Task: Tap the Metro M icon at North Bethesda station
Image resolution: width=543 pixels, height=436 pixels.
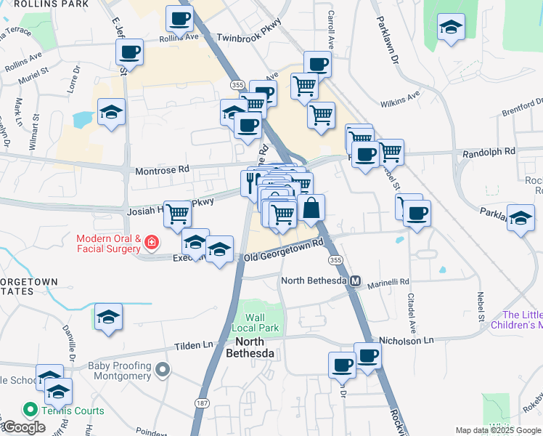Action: coord(356,280)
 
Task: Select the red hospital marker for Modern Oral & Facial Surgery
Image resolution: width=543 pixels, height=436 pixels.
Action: coord(152,242)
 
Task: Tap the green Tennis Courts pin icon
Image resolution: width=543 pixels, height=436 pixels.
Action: coord(30,410)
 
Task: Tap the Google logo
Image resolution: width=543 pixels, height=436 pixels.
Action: coord(23,427)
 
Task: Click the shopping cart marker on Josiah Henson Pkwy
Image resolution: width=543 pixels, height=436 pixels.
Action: coord(176,214)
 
